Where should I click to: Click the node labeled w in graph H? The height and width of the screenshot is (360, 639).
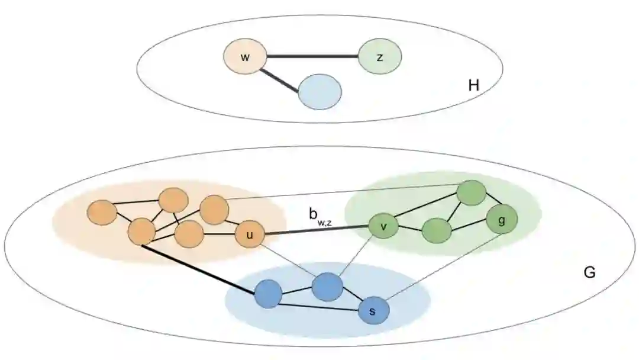[244, 57]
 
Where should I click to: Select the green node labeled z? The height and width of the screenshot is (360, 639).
[380, 57]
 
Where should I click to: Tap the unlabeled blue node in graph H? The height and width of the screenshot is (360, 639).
[319, 92]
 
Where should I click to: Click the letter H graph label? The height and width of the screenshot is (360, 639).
[473, 86]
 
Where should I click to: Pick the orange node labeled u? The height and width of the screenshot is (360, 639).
[249, 235]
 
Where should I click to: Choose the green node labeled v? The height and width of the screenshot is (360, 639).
[383, 226]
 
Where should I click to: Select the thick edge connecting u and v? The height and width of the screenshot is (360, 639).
[316, 231]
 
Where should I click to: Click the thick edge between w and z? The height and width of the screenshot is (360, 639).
[312, 57]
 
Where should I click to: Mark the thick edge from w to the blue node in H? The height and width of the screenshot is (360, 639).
[280, 79]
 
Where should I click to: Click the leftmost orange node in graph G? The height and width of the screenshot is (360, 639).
[102, 212]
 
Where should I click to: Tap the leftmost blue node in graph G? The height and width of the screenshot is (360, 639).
[268, 293]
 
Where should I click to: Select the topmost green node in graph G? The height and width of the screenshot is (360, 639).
[472, 192]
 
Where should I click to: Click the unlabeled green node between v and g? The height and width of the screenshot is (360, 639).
[437, 230]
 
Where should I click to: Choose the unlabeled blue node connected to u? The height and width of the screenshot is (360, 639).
[327, 287]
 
